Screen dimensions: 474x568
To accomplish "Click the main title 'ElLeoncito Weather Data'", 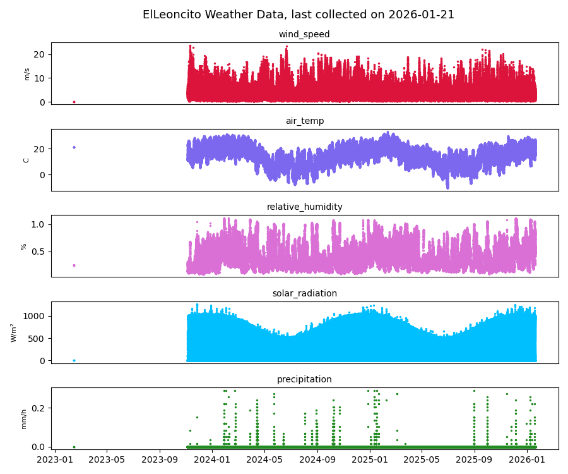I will click(x=299, y=15).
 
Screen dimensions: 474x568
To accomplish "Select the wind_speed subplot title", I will click(x=304, y=35).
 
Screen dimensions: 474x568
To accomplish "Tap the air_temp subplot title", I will click(x=304, y=121).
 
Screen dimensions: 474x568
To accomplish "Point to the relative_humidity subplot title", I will click(x=304, y=207).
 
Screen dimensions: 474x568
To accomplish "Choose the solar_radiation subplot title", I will click(x=304, y=293).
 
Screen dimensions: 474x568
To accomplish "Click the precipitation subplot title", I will click(x=304, y=380).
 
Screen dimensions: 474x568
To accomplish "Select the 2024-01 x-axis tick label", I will click(x=213, y=459).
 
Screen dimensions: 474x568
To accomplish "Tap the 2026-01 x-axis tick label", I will click(x=527, y=459).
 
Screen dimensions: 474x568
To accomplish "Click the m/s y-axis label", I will click(x=27, y=74).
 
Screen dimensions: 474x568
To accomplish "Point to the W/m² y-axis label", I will click(x=13, y=332).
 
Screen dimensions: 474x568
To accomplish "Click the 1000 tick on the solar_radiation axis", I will click(x=35, y=316).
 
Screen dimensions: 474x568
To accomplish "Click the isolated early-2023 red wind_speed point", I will click(x=74, y=102).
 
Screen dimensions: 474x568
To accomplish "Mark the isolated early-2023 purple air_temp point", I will click(x=74, y=147).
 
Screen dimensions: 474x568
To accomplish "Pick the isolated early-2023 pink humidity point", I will click(x=74, y=265).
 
